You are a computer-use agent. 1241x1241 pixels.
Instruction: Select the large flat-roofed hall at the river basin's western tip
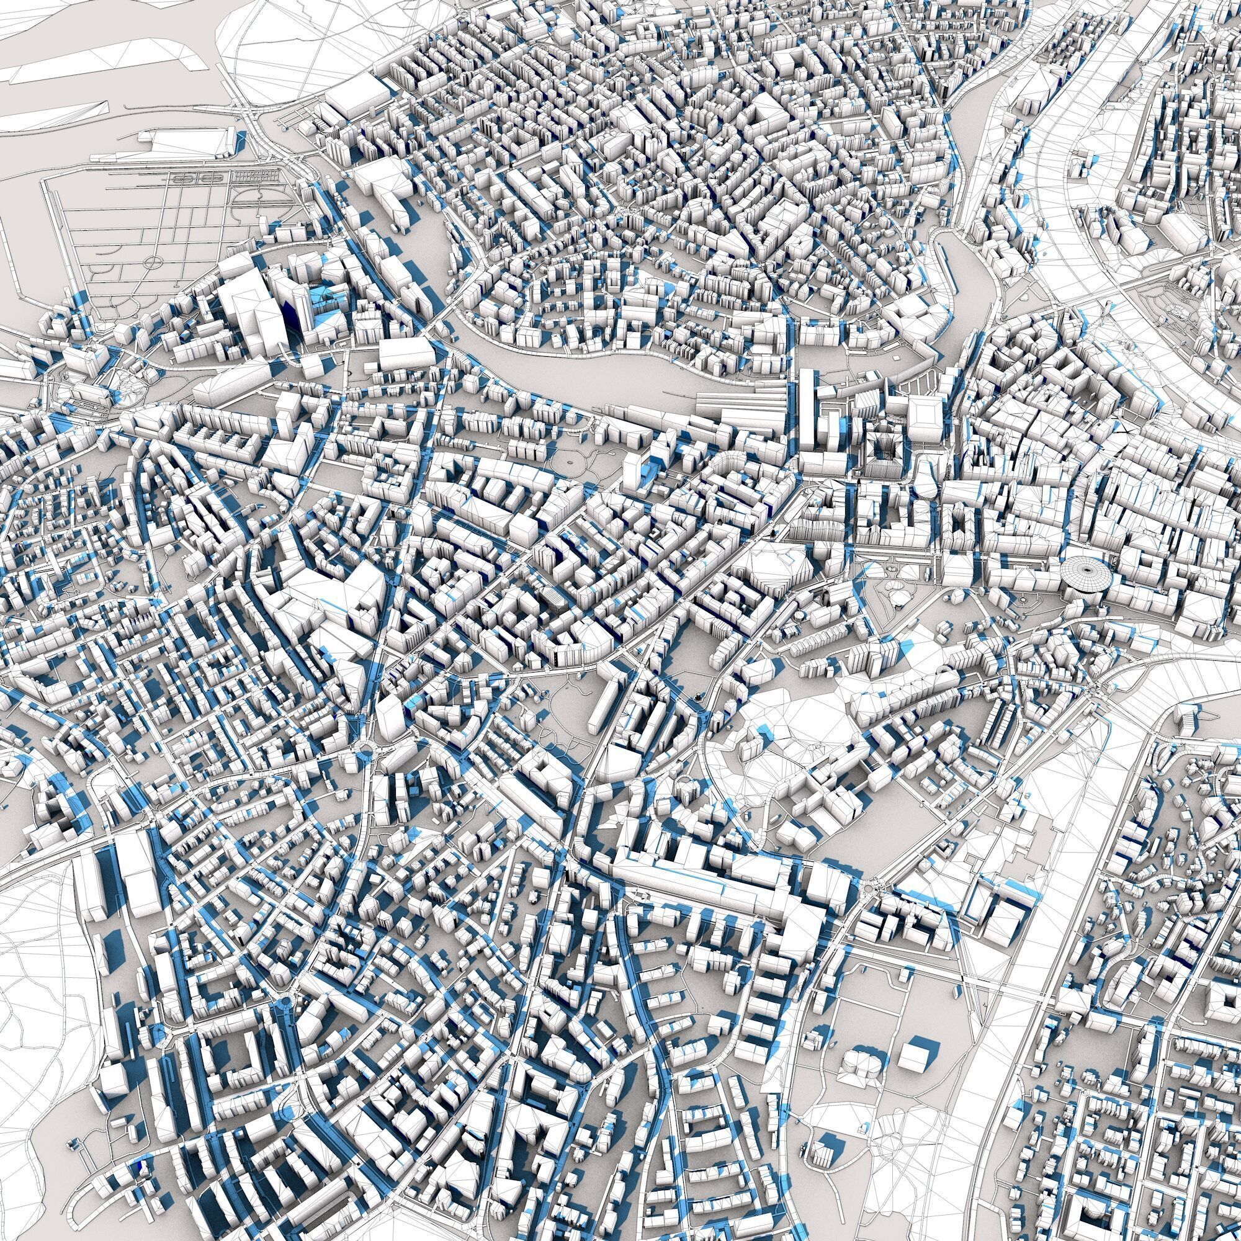point(406,352)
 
